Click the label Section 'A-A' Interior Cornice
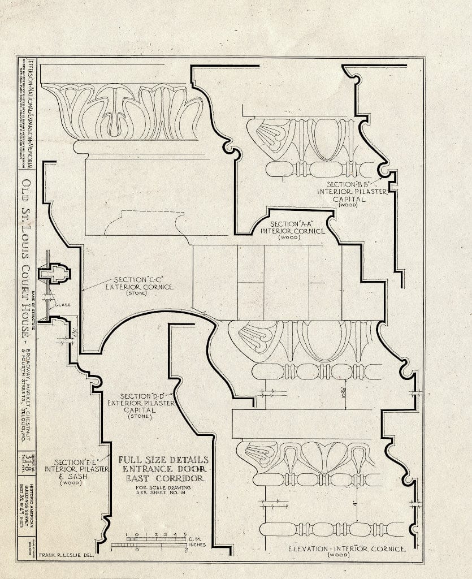point(292,230)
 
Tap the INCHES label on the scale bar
point(196,546)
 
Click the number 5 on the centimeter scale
point(184,534)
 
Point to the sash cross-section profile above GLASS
point(54,275)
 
